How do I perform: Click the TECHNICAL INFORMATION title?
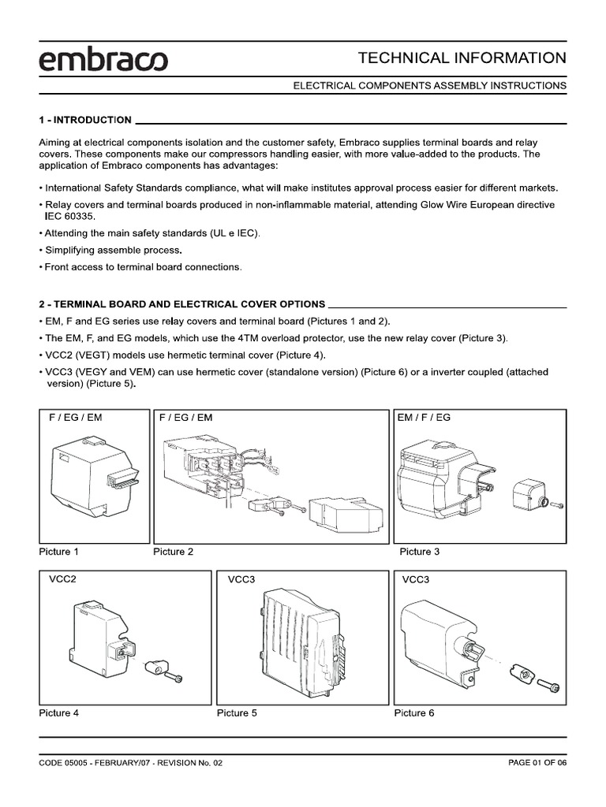click(x=462, y=58)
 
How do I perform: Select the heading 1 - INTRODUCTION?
click(x=85, y=120)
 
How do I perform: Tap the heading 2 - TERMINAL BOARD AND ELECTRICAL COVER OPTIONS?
click(x=181, y=303)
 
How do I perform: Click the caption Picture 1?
click(x=59, y=552)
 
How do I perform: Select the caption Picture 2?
click(x=173, y=552)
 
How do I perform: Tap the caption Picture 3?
click(x=420, y=552)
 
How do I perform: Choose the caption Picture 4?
click(x=59, y=713)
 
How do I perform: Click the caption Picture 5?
click(x=237, y=713)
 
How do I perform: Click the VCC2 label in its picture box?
click(x=62, y=579)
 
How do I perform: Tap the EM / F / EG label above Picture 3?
click(x=425, y=417)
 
